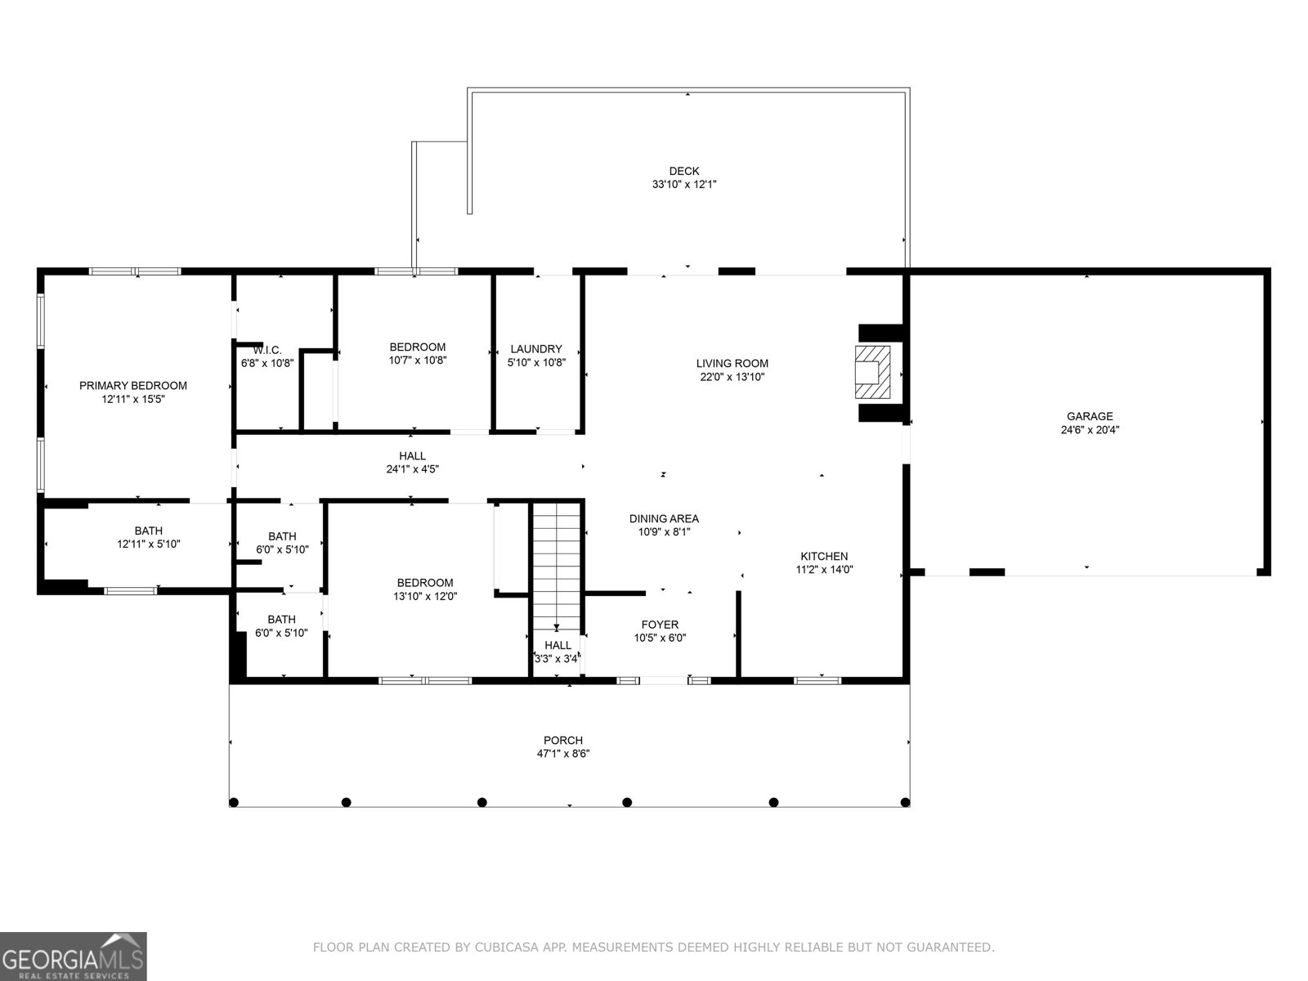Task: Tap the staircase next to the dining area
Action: [556, 564]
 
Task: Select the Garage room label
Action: [1089, 416]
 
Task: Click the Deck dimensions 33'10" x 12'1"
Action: [684, 185]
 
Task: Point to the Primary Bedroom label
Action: [133, 386]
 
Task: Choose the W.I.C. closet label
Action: [267, 350]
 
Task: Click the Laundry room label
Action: [536, 349]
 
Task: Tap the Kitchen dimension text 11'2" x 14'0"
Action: [824, 570]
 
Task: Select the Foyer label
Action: [660, 625]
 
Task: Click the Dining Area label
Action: [664, 518]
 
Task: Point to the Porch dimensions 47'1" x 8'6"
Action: [563, 754]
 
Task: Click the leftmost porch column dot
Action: [234, 802]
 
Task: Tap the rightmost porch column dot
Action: [905, 802]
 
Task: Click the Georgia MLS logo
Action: [74, 956]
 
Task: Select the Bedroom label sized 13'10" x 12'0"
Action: [424, 583]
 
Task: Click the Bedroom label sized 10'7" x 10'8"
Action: [417, 347]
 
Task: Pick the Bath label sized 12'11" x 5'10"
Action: [149, 531]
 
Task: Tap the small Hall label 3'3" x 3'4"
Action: [558, 646]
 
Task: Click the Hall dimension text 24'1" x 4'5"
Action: [413, 469]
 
